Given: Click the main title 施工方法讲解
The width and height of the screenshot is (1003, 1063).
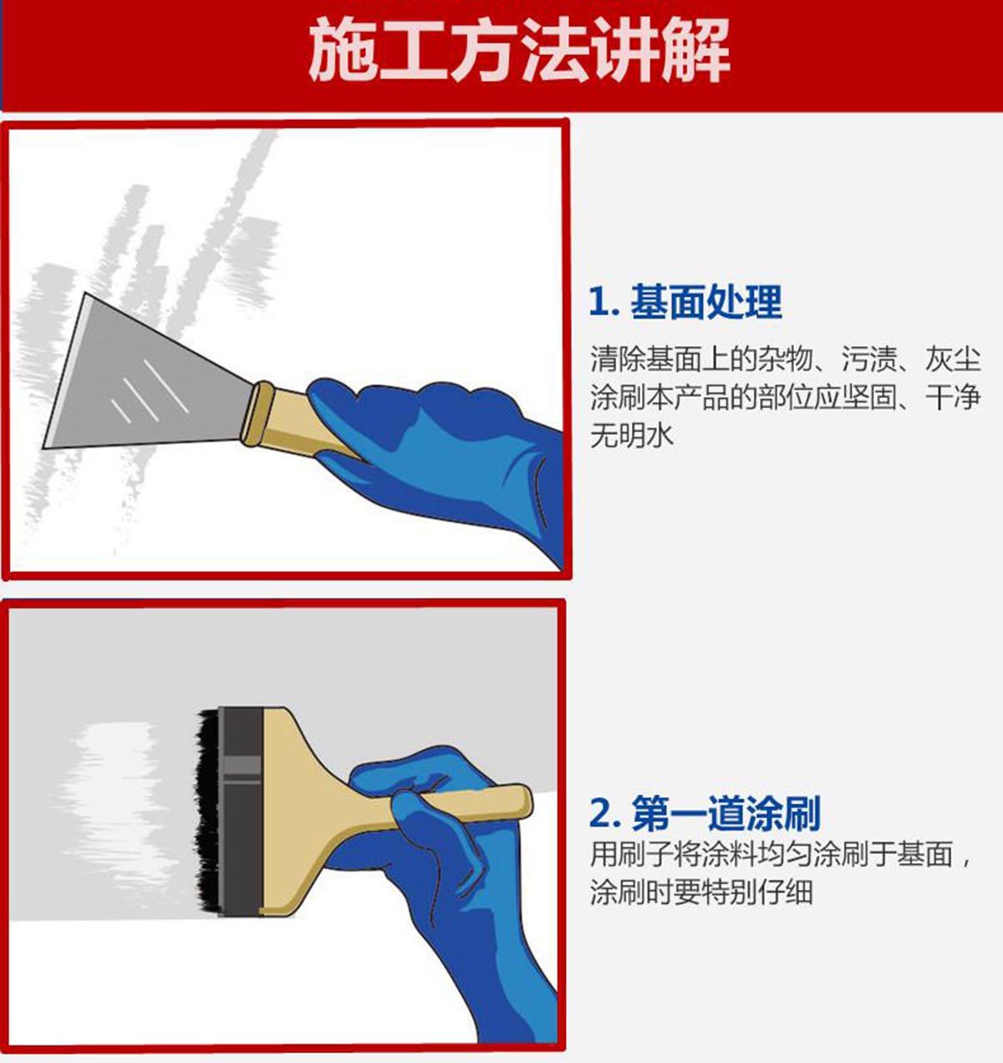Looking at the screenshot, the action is [519, 50].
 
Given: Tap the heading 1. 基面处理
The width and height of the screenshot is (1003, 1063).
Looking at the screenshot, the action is [685, 303].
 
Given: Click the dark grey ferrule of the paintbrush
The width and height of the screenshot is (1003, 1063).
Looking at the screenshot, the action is [241, 812].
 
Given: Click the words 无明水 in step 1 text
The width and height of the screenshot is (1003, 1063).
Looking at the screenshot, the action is [631, 435].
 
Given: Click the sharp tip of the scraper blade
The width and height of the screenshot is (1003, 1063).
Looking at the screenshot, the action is [44, 447].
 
